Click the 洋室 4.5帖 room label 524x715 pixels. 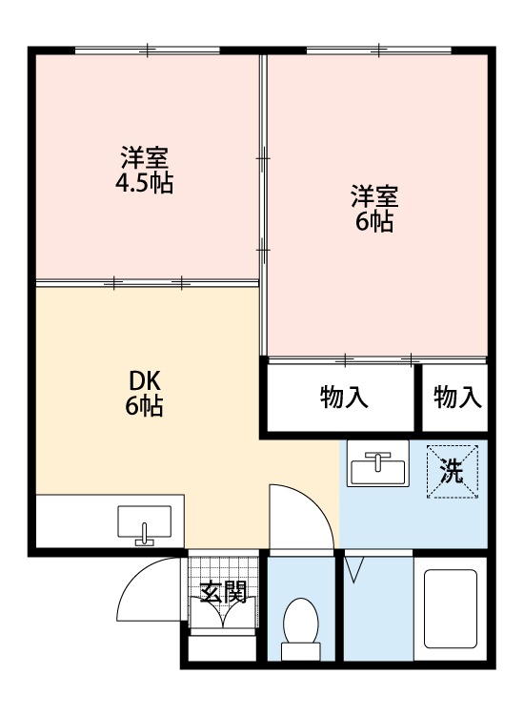[144, 170]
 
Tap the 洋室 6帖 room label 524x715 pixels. [374, 209]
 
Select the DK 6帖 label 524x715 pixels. [145, 393]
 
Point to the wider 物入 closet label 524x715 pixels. [344, 398]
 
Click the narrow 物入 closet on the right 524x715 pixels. [457, 398]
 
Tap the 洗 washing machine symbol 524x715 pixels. [453, 472]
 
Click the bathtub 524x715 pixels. [451, 609]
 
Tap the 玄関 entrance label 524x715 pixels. [224, 592]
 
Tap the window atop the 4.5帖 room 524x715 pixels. [147, 50]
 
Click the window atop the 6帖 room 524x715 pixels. [378, 50]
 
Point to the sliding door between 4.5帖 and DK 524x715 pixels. [147, 283]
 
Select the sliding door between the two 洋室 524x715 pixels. [263, 205]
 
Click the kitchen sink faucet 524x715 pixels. [145, 535]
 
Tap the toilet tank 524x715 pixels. [300, 651]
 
